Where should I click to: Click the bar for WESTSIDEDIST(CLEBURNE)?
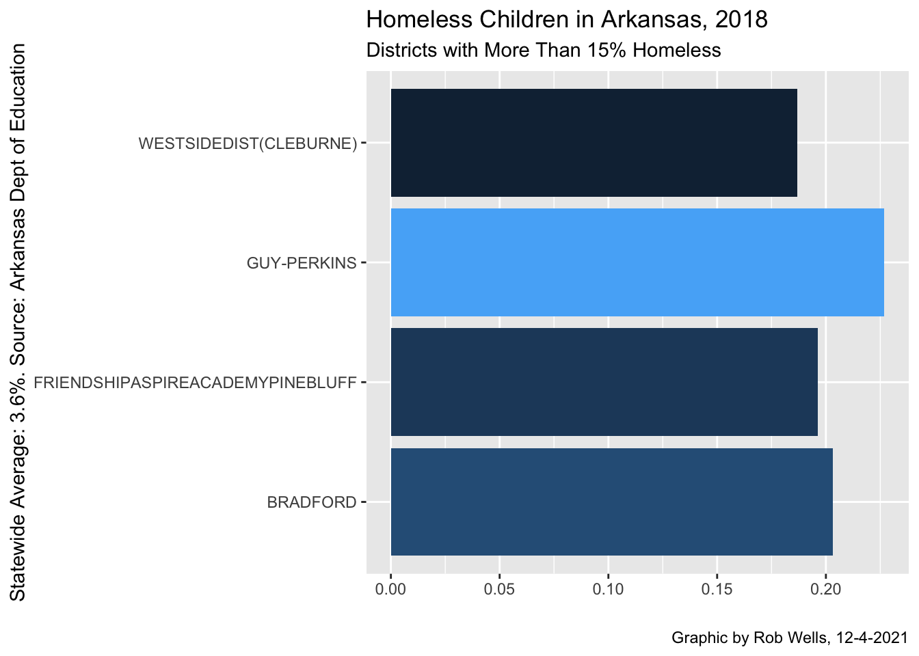click(x=594, y=143)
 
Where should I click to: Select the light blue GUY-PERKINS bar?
click(x=637, y=262)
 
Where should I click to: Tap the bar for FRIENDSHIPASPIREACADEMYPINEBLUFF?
click(x=604, y=382)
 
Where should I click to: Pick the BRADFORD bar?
click(x=611, y=502)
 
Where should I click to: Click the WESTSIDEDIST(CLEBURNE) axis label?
click(x=248, y=143)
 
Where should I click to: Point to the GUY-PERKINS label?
click(x=302, y=263)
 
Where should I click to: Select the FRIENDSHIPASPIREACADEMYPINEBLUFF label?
click(x=195, y=383)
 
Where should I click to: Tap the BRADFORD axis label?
click(x=312, y=503)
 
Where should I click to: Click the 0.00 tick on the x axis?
click(x=390, y=589)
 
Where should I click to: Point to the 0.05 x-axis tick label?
click(x=499, y=589)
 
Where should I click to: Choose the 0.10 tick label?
click(x=608, y=589)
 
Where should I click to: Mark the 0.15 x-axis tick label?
click(x=717, y=589)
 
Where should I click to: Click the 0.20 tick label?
click(x=825, y=589)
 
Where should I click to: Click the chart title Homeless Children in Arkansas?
click(x=567, y=20)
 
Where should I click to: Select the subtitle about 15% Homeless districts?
click(x=544, y=51)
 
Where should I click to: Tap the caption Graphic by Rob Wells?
click(x=789, y=638)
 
